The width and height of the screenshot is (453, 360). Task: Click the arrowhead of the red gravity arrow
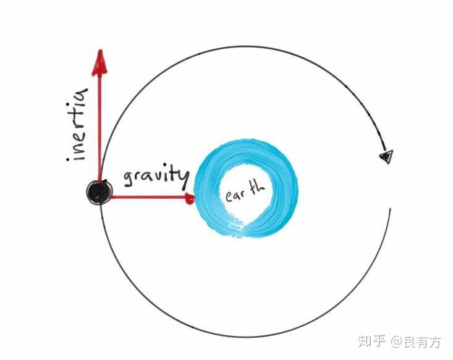[x=189, y=198]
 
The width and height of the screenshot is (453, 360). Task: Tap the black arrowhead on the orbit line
[x=387, y=156]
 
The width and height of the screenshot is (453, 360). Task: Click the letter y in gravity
[x=181, y=176]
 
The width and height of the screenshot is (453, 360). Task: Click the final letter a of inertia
[x=79, y=96]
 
